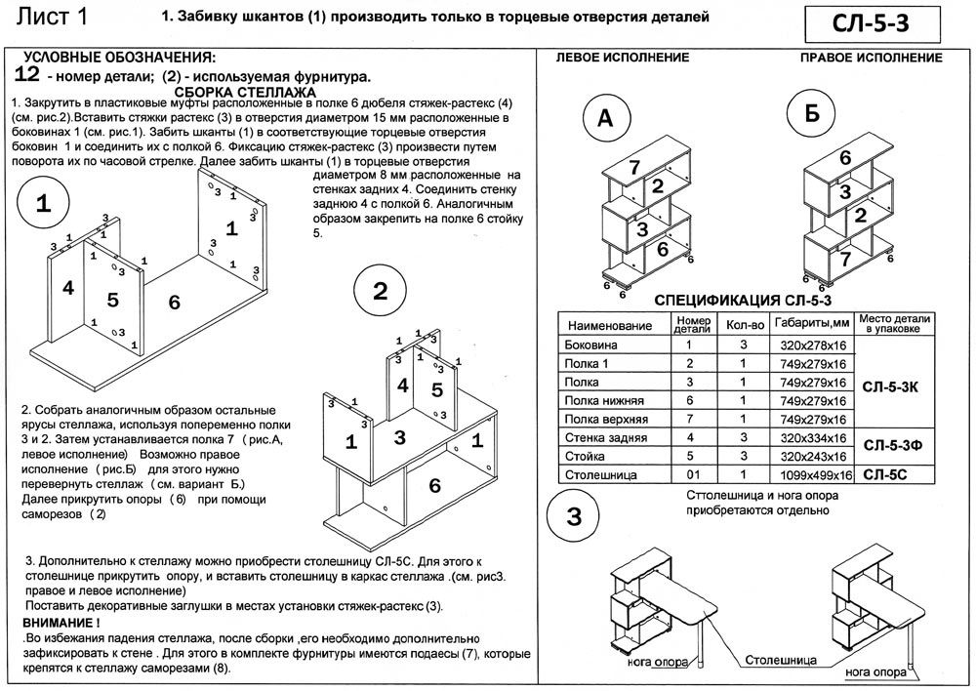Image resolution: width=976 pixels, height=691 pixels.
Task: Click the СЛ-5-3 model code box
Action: (x=874, y=20)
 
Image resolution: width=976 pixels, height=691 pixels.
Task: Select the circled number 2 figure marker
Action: (x=381, y=291)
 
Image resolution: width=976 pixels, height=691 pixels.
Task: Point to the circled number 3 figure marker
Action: (x=577, y=515)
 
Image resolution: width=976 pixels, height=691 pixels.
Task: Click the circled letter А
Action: (x=606, y=118)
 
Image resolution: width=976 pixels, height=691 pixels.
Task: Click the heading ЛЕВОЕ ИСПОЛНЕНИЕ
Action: (x=622, y=58)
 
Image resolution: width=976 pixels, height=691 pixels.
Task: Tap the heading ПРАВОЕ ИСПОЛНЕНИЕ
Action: (x=872, y=58)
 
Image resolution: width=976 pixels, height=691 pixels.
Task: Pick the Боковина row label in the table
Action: (x=591, y=345)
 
